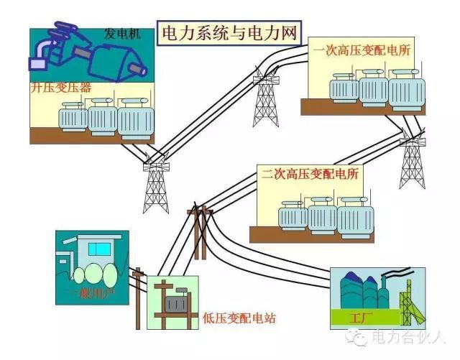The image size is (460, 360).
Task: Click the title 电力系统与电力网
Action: click(228, 34)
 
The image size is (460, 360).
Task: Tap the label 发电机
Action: click(122, 34)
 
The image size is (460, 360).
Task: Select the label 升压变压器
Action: click(60, 88)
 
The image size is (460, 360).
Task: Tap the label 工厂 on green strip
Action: click(357, 316)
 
